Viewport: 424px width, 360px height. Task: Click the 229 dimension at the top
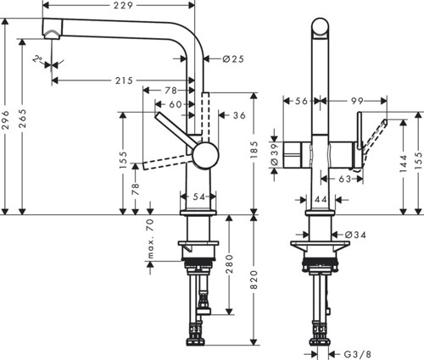coord(123,5)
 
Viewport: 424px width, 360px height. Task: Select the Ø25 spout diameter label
coord(233,59)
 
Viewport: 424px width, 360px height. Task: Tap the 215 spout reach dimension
coord(124,80)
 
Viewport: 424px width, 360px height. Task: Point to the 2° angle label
coord(37,59)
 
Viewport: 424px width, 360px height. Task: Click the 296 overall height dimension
coord(6,120)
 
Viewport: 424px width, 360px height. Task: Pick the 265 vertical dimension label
coord(22,119)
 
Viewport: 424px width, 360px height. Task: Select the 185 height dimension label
coord(254,150)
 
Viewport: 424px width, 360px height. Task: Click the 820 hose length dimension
coord(254,280)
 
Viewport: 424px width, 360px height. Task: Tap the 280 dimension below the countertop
coord(230,264)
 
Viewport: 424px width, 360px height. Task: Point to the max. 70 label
coord(150,239)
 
